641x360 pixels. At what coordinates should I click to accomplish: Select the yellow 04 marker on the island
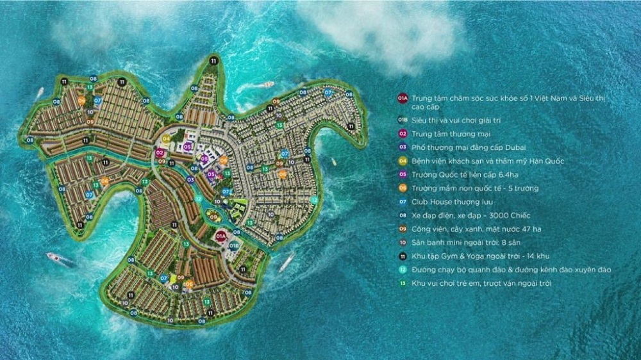click(166, 138)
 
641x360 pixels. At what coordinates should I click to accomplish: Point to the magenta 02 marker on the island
click(160, 152)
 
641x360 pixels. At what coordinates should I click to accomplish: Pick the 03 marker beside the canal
click(190, 180)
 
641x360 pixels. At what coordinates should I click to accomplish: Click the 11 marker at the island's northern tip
click(213, 60)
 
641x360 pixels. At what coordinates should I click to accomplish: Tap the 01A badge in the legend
click(403, 99)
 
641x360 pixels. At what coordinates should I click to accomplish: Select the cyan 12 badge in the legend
click(403, 270)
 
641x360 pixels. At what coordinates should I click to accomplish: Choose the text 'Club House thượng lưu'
click(448, 201)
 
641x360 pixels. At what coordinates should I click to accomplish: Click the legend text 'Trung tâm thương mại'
click(449, 133)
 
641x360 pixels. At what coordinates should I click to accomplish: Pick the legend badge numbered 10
click(403, 243)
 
